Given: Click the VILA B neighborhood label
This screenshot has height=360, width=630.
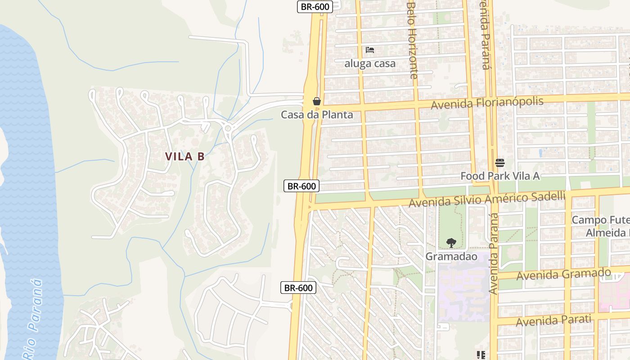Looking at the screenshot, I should click(x=184, y=157).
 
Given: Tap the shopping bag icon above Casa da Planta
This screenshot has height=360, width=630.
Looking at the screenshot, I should click(x=317, y=101).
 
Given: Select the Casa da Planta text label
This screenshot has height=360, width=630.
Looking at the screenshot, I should click(x=317, y=115).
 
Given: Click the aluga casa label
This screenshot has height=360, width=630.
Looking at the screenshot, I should click(x=370, y=63).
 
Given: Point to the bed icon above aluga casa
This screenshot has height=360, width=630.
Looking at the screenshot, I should click(x=370, y=49).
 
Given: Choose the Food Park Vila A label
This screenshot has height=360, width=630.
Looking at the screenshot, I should click(x=500, y=176).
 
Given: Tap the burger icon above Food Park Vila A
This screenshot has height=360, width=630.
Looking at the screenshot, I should click(x=500, y=162).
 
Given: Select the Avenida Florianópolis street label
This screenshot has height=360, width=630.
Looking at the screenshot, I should click(x=487, y=103).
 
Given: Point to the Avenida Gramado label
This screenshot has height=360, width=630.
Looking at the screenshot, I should click(x=563, y=274).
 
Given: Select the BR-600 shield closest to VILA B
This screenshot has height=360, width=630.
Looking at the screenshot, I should click(x=301, y=186).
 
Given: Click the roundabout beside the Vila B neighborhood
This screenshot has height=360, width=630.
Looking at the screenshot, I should click(x=228, y=128).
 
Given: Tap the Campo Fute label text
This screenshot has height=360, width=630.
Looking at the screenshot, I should click(x=600, y=220).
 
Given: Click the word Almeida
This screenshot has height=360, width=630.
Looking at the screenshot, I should click(x=605, y=233).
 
